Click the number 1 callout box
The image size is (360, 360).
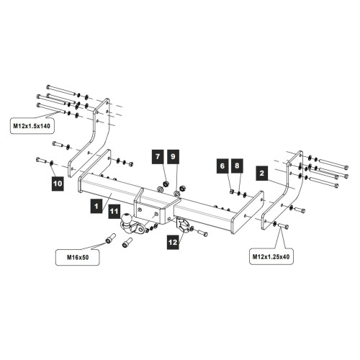(96, 206)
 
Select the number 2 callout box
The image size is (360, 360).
(262, 173)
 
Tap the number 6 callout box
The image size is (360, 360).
(222, 166)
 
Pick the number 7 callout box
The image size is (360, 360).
(158, 156)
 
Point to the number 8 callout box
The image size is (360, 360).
(237, 166)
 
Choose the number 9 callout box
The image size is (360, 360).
(173, 156)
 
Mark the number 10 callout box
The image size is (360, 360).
(58, 184)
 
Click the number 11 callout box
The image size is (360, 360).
(114, 211)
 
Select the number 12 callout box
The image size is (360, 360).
(173, 242)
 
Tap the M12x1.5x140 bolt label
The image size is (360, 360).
(32, 126)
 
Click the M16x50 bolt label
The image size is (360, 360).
(78, 257)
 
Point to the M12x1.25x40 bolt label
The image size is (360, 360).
(271, 256)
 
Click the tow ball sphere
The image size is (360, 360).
(127, 218)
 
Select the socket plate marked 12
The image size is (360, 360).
(183, 225)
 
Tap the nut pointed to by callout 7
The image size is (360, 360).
(166, 184)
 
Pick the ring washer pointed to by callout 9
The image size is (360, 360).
(177, 193)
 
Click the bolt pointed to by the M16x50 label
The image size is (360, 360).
(110, 238)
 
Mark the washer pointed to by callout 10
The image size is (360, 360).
(51, 163)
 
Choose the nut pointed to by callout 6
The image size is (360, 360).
(232, 192)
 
